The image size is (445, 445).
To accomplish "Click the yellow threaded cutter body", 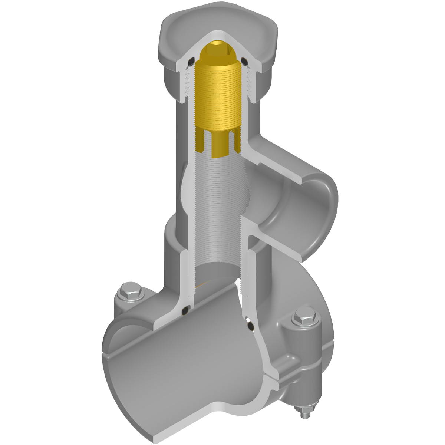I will coord(218,96).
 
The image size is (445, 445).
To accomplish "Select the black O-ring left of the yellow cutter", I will coord(191,61).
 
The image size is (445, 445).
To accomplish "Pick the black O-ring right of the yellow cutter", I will coord(244,60).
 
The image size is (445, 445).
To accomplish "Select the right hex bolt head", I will coord(306,318).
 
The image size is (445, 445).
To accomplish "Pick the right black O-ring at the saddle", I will coord(251,325).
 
